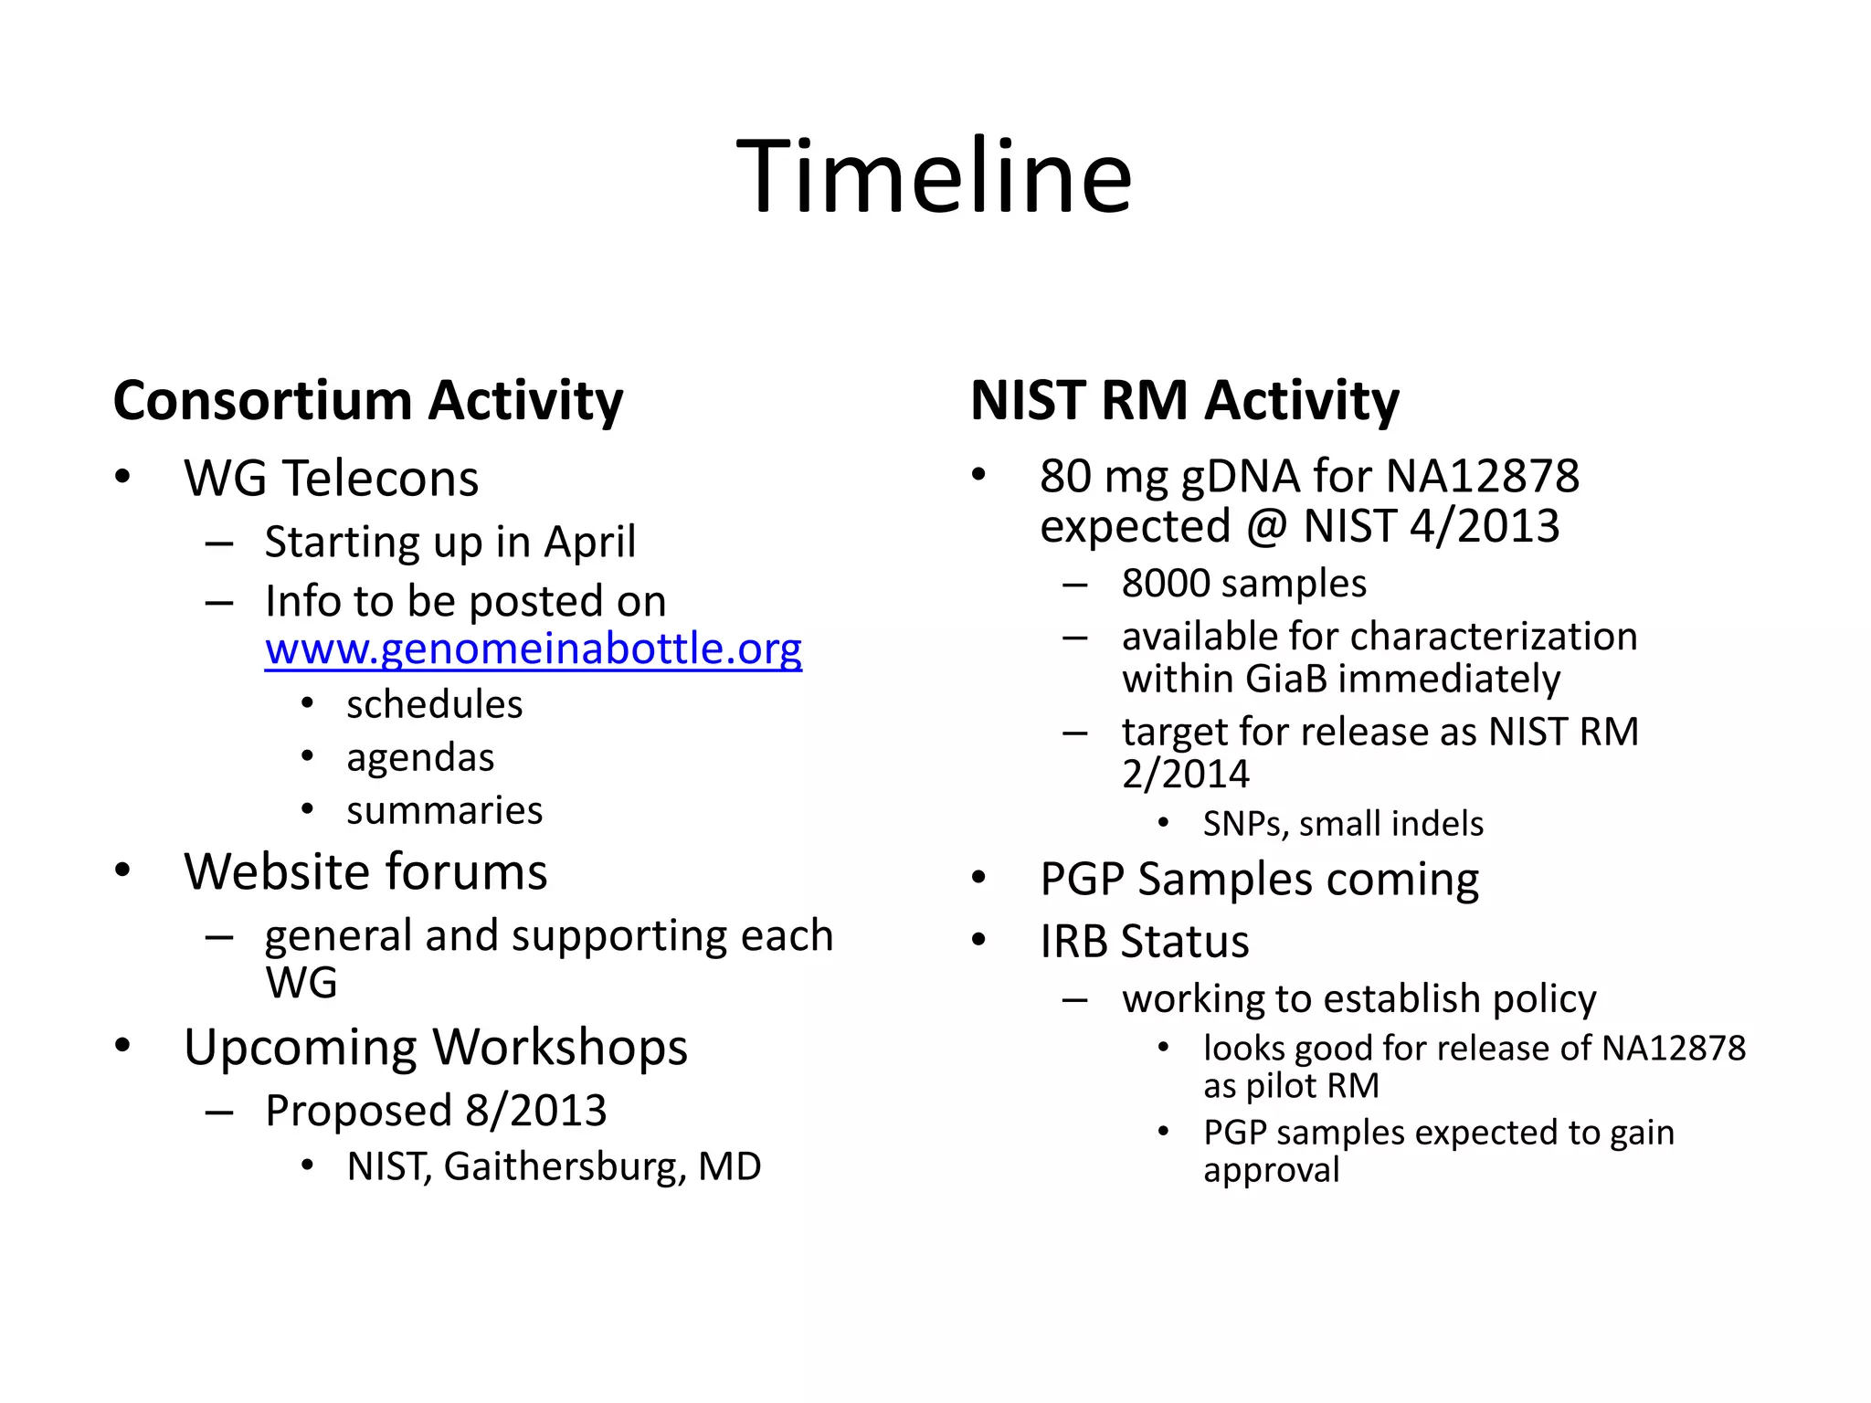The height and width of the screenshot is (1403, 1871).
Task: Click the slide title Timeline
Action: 934,175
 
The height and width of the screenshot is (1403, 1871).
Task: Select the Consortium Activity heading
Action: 367,400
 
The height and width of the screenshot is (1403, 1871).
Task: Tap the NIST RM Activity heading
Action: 1184,400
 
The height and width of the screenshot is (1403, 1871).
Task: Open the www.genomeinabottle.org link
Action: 534,649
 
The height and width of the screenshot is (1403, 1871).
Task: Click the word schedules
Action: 434,704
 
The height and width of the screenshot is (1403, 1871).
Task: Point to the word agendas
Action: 420,757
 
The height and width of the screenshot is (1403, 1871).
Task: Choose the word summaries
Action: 444,810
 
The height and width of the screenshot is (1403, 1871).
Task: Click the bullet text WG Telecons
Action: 331,478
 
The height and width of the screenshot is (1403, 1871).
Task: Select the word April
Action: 589,542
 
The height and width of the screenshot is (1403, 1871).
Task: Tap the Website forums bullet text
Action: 365,871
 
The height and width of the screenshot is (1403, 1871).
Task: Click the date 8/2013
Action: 536,1111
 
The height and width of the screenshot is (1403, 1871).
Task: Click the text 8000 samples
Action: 1243,584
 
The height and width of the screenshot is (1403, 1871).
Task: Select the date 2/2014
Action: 1185,774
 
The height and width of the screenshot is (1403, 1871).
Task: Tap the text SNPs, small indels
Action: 1343,824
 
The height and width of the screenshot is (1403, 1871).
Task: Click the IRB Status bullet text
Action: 1144,942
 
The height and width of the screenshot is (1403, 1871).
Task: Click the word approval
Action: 1271,1170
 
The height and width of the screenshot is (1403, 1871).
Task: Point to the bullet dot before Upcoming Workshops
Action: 122,1045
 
